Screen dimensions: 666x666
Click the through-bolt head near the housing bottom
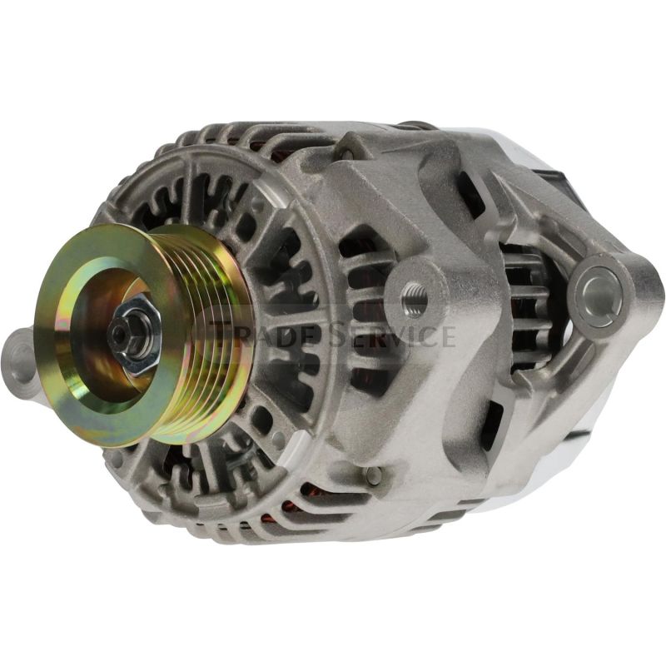pos(374,474)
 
